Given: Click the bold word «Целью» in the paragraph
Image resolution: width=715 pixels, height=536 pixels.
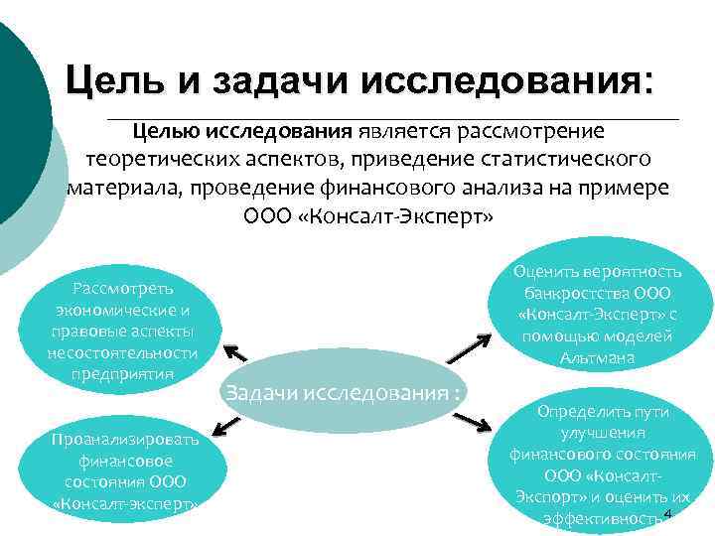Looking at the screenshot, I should tap(169, 132).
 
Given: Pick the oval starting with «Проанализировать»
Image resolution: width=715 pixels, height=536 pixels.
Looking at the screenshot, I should tap(125, 470).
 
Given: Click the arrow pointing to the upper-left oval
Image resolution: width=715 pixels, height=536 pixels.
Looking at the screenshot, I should tap(235, 354).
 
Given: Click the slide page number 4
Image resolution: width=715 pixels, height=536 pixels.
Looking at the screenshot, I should tap(668, 513).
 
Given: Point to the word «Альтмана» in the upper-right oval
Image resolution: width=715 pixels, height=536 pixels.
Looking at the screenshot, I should tap(598, 357).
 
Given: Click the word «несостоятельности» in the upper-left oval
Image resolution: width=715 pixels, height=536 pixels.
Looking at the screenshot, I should tap(122, 352).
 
